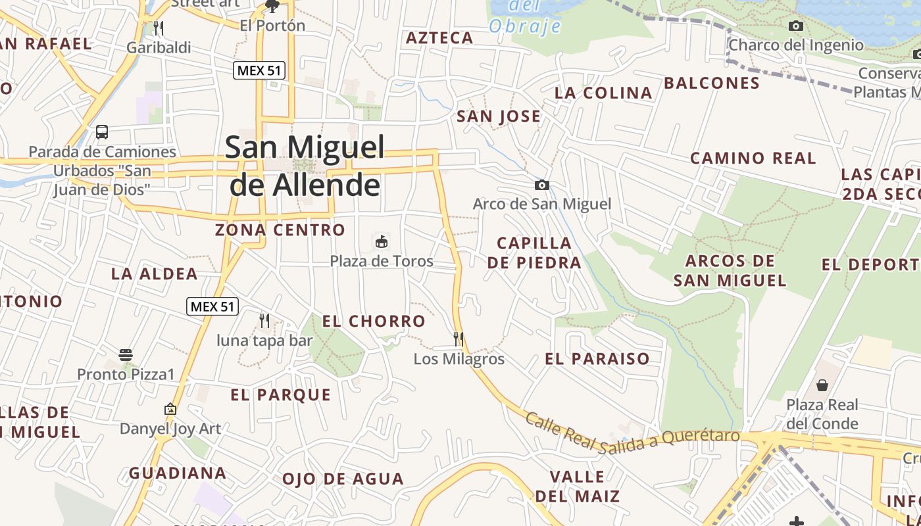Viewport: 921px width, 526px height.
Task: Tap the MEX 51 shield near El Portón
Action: pos(259,70)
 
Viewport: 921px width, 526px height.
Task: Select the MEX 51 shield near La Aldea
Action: pos(212,306)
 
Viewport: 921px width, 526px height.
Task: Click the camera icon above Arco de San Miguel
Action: pos(542,185)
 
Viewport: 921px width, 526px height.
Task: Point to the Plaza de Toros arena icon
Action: pos(381,241)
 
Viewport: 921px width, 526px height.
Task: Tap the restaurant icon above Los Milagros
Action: pos(459,339)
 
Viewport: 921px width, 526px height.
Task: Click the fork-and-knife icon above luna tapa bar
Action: pos(264,321)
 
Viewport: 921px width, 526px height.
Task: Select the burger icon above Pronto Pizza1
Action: pos(126,355)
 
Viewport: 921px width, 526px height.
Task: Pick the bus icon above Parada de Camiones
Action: pos(102,131)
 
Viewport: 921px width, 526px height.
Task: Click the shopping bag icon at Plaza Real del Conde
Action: pos(822,385)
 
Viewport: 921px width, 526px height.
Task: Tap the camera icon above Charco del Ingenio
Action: pos(796,26)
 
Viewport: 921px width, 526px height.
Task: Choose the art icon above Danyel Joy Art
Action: pos(170,409)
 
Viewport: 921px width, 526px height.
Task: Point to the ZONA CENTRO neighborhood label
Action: pos(280,230)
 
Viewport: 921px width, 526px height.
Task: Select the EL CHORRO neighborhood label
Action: pos(374,322)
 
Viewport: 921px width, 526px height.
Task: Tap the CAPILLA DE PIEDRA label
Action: pos(534,253)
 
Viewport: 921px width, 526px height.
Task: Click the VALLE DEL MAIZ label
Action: pos(577,486)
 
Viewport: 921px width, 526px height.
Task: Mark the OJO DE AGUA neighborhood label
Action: pos(343,479)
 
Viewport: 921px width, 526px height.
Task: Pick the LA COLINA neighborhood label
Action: pos(603,93)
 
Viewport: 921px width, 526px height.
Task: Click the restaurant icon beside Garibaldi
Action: pos(158,28)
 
